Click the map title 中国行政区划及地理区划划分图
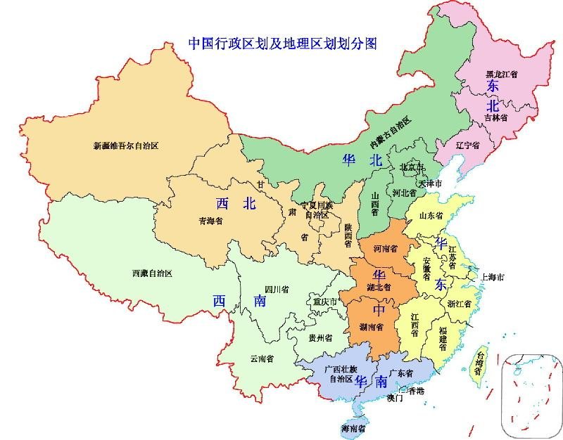coord(282,43)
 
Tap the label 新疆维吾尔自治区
coord(126,146)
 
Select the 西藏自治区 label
coord(152,273)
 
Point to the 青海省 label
coord(210,221)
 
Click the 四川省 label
coord(277,289)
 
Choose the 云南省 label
coord(262,358)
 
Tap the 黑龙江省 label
coord(502,73)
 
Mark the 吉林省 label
coord(495,118)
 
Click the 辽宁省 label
coord(467,145)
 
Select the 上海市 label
coord(492,278)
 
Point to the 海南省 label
coord(353,428)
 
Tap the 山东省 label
coord(435,215)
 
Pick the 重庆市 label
coord(327,302)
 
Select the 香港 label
coord(416,390)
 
